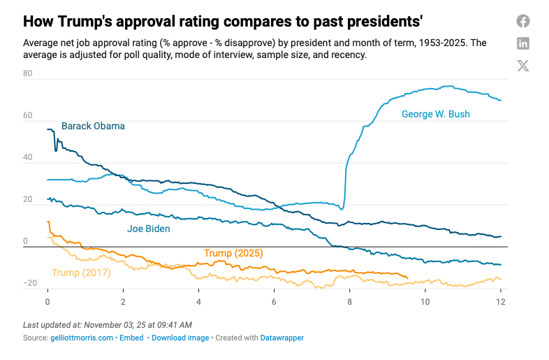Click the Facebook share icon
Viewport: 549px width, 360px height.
coord(523,21)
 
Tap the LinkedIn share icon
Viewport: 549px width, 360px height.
coord(523,43)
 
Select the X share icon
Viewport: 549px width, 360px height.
coord(523,66)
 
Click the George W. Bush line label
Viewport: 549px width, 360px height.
coord(435,113)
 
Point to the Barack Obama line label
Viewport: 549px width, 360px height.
coord(93,127)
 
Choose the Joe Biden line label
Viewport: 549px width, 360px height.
coord(148,229)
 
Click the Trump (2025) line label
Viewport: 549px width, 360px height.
coord(233,253)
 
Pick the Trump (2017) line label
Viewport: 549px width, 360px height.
coord(81,273)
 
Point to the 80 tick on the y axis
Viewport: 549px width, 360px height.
coord(29,73)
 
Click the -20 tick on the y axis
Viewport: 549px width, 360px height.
coord(29,283)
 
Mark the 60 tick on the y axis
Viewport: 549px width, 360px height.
coord(29,115)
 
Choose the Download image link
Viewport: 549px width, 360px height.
coord(180,338)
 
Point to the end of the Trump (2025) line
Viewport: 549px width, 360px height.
coord(407,278)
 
